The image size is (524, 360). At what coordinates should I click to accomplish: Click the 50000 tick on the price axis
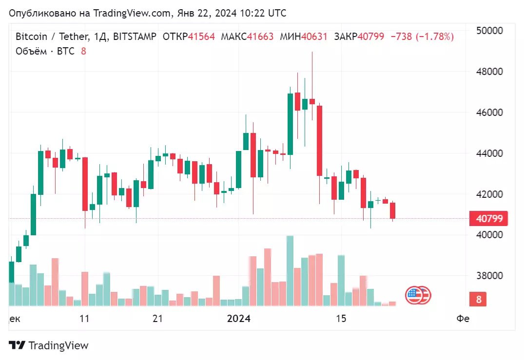(489, 31)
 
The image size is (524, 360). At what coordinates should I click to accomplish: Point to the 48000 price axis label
(489, 72)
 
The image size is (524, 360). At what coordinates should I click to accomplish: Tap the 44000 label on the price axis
(489, 153)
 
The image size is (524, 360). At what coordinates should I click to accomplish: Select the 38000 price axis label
(489, 276)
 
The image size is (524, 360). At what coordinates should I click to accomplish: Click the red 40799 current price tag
(488, 219)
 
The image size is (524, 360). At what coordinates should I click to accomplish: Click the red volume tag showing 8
(478, 300)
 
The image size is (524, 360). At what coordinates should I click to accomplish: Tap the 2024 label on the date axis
(239, 319)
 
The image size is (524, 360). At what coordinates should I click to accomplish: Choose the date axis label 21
(157, 319)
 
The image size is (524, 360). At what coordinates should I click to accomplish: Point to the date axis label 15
(341, 319)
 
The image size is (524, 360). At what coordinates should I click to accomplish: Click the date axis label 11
(85, 319)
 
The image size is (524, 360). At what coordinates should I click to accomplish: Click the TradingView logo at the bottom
(49, 345)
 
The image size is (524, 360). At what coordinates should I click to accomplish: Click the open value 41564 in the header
(201, 37)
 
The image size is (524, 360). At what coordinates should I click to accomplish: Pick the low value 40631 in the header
(314, 37)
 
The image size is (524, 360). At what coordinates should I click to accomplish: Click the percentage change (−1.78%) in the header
(435, 37)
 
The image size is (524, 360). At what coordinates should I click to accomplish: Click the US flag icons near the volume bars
(418, 295)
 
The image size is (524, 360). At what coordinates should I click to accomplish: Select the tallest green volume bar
(290, 271)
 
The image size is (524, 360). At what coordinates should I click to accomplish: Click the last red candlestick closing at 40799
(393, 210)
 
